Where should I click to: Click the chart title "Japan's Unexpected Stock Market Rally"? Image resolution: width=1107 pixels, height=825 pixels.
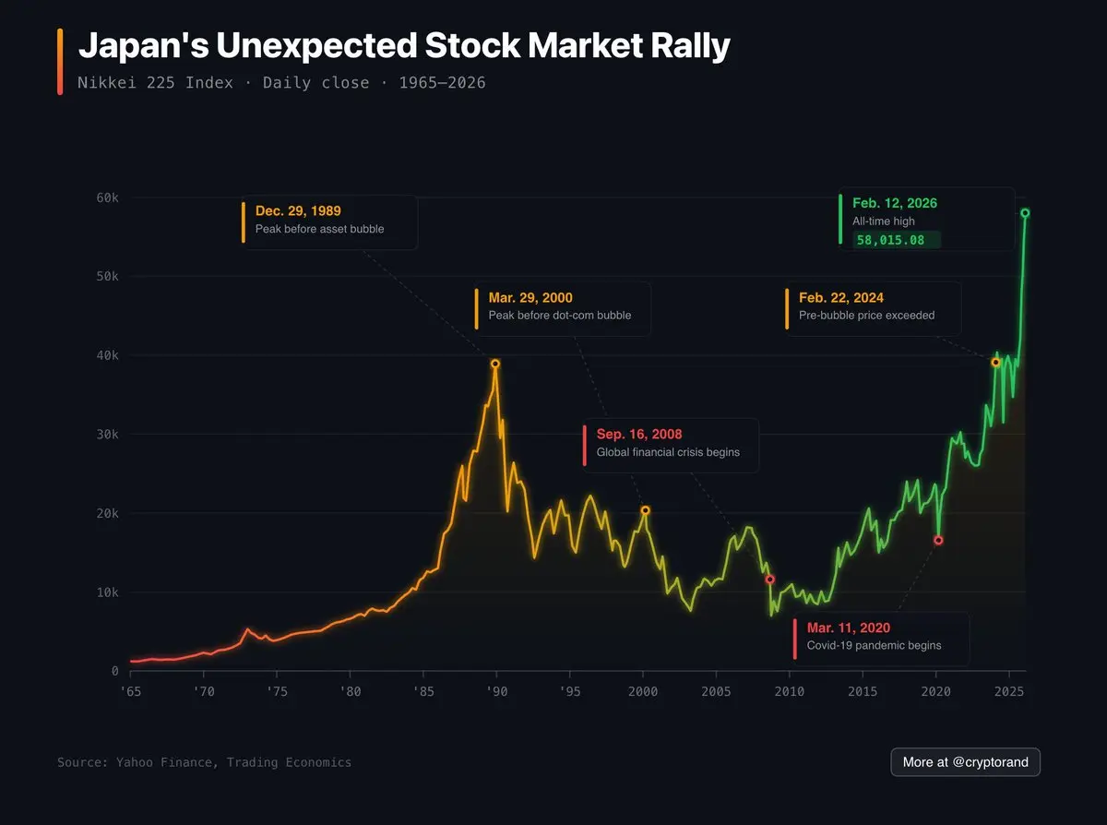point(404,45)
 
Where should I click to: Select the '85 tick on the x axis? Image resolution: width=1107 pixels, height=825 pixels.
point(423,691)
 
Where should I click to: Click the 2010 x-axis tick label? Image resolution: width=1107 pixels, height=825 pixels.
point(790,691)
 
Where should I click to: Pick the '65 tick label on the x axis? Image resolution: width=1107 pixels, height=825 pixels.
point(130,691)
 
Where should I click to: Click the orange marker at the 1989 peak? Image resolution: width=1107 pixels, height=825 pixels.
point(495,364)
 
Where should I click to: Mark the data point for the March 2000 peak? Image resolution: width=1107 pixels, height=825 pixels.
point(645,510)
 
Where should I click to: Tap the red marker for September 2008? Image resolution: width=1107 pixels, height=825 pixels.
point(769,580)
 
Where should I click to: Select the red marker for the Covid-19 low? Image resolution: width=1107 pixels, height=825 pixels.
point(938,540)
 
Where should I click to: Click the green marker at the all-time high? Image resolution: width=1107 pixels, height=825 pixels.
point(1025,213)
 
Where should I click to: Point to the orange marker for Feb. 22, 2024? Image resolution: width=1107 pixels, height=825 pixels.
point(995,363)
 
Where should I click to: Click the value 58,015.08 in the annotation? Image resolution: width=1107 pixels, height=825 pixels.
point(890,240)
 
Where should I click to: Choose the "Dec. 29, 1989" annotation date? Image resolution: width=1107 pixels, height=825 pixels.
point(298,211)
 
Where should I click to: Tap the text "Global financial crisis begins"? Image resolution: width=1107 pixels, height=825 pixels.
point(668,452)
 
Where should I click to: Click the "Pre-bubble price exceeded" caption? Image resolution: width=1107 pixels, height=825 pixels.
point(866,315)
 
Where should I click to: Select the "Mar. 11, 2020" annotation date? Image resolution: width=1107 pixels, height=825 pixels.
point(849,628)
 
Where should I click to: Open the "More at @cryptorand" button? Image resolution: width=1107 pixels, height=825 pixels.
point(965,762)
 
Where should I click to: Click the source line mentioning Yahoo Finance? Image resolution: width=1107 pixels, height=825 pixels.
point(204,762)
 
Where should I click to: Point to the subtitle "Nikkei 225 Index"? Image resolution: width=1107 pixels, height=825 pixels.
point(155,83)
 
